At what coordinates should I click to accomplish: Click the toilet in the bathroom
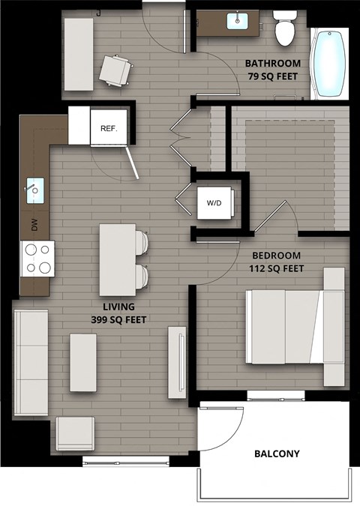[x=284, y=28]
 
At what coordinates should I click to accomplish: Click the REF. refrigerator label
[x=109, y=128]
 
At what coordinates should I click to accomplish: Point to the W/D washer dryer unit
[x=214, y=202]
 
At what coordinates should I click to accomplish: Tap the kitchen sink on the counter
[x=34, y=187]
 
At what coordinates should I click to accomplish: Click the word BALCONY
[x=277, y=454]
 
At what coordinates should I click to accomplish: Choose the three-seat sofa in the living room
[x=30, y=364]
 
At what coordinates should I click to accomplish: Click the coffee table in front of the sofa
[x=82, y=363]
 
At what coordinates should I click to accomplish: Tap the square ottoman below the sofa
[x=75, y=434]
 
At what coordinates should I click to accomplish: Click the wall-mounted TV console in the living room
[x=177, y=362]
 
